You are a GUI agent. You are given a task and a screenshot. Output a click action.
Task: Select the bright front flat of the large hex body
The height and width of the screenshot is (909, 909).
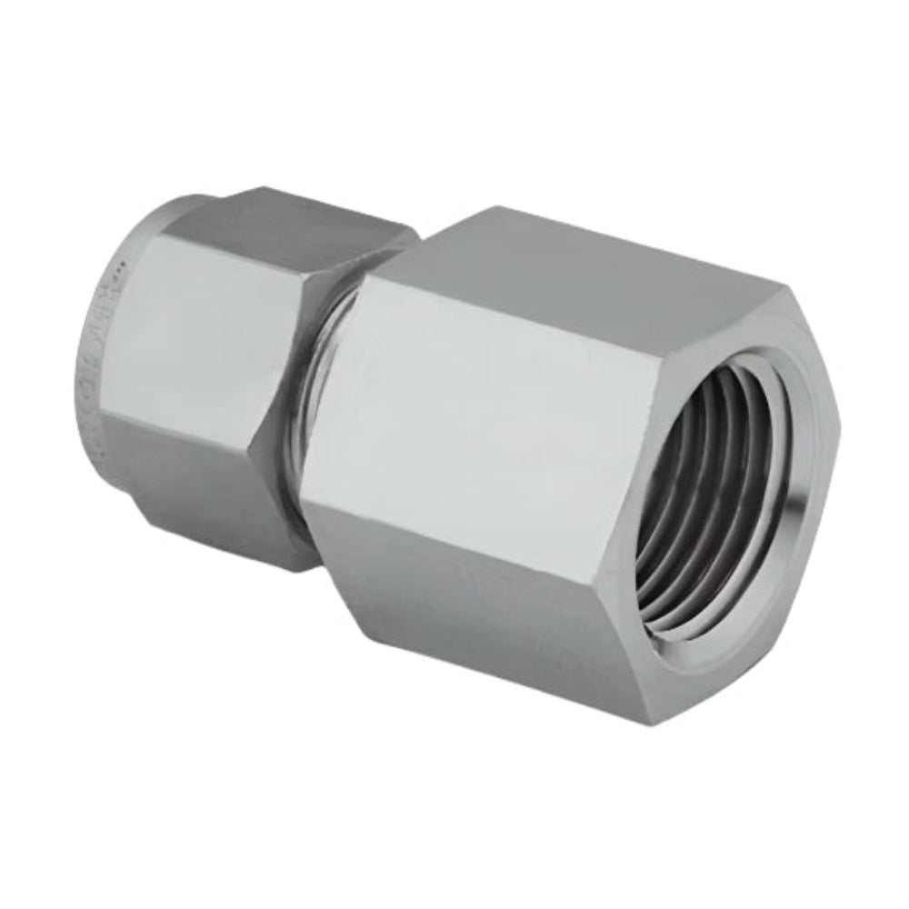tap(482, 409)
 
